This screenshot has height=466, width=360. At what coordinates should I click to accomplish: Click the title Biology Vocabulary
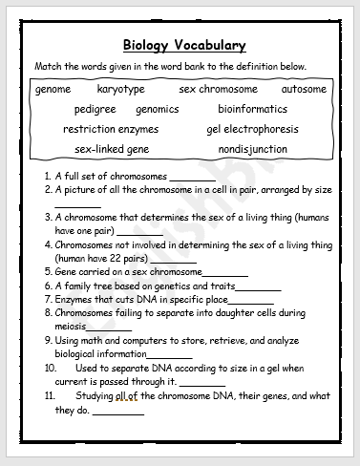click(184, 46)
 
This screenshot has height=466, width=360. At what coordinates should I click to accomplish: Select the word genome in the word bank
click(53, 90)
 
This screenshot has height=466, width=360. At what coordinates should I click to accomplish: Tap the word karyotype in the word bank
click(121, 90)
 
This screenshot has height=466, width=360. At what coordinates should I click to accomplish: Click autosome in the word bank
click(304, 90)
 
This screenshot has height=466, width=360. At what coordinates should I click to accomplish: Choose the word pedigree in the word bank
click(95, 110)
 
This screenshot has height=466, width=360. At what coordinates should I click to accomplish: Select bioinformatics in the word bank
click(252, 110)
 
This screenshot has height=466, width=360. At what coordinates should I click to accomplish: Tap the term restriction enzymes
click(111, 129)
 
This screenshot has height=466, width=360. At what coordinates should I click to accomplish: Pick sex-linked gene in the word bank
click(111, 150)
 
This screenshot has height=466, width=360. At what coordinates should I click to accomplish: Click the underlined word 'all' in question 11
click(149, 395)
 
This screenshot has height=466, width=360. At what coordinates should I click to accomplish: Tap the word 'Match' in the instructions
click(50, 67)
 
